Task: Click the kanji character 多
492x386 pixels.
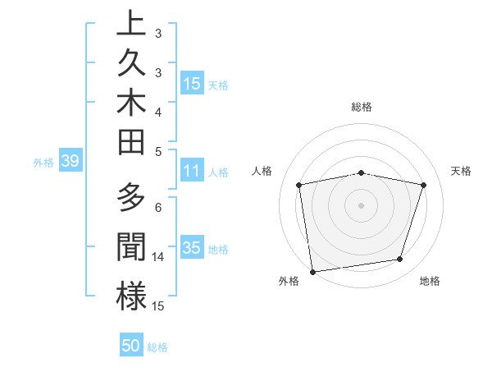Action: tap(132, 198)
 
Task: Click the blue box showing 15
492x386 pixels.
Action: tap(191, 83)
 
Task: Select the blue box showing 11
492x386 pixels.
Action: tap(191, 171)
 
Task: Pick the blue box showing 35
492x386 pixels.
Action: tap(191, 247)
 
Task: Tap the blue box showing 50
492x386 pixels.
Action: tap(131, 346)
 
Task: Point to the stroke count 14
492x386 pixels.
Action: tap(159, 257)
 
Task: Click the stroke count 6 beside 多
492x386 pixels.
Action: tap(158, 208)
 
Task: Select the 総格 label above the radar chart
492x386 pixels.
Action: tap(362, 107)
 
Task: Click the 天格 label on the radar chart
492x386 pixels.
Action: tap(462, 171)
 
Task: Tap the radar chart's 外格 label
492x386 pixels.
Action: tap(289, 281)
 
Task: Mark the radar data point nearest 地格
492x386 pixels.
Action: tap(400, 260)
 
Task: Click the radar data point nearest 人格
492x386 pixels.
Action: tap(299, 185)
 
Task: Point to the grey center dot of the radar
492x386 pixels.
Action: tap(362, 204)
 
